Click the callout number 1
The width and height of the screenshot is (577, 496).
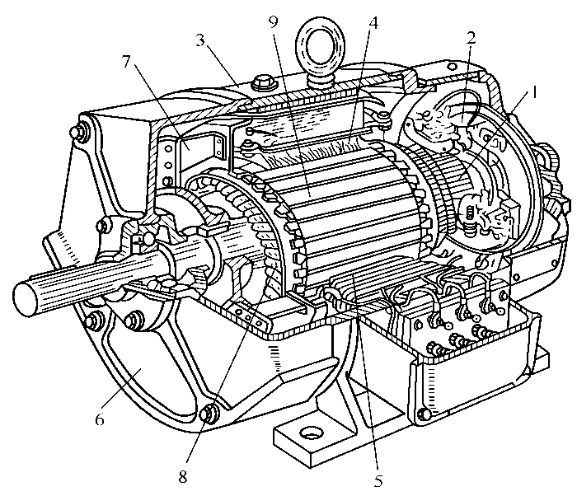click(534, 92)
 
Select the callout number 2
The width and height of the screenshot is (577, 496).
click(471, 38)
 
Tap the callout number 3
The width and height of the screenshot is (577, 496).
click(199, 40)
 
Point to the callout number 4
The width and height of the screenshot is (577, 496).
click(373, 23)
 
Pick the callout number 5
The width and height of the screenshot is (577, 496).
click(378, 480)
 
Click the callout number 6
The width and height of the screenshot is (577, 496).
click(100, 419)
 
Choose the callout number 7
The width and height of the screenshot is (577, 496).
click(127, 62)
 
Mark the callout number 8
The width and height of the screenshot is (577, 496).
click(183, 476)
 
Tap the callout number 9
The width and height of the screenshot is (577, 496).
click(273, 21)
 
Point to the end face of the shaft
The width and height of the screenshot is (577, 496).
click(25, 298)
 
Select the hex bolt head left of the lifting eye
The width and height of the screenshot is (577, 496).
click(262, 83)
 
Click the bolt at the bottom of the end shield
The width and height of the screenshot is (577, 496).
click(208, 413)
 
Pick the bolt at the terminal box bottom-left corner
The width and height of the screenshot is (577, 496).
click(423, 414)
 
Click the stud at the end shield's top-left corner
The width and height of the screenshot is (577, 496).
click(76, 131)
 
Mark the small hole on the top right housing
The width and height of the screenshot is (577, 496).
click(453, 67)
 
